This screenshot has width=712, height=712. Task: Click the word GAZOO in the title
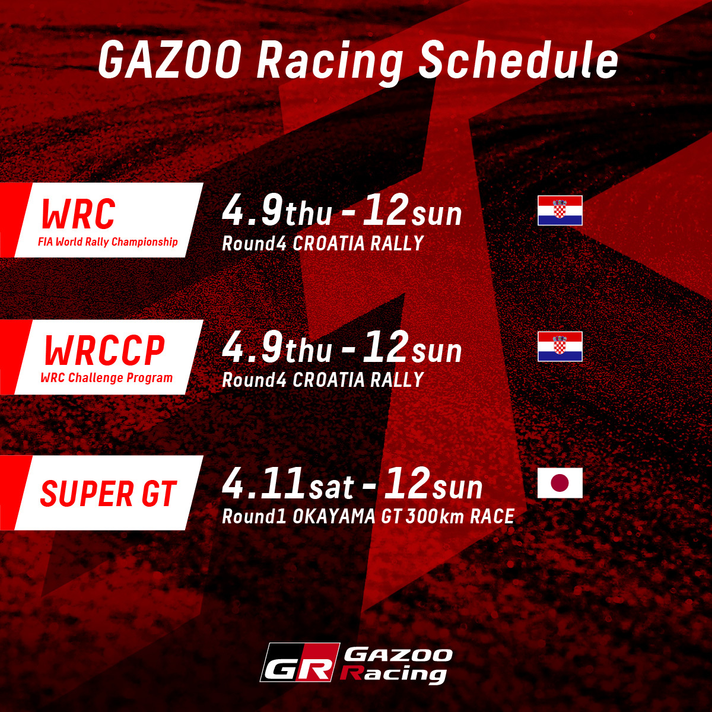click(170, 60)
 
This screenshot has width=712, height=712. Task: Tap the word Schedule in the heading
click(519, 60)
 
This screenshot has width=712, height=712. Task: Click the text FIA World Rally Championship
click(108, 242)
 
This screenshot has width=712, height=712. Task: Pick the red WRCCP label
click(104, 351)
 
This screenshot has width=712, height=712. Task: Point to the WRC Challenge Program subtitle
click(107, 378)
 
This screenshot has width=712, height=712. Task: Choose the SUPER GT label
click(109, 494)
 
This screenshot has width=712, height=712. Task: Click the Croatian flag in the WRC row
click(560, 211)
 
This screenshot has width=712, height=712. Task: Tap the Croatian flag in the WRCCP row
click(560, 347)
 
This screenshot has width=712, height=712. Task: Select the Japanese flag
click(560, 483)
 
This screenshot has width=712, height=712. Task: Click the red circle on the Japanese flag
click(560, 483)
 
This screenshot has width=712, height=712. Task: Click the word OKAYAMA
click(334, 516)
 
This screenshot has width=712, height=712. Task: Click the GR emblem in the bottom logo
click(299, 663)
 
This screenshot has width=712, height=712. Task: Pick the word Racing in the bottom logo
click(394, 674)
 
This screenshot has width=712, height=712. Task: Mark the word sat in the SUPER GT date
click(332, 488)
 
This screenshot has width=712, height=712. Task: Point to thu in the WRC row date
click(309, 215)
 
